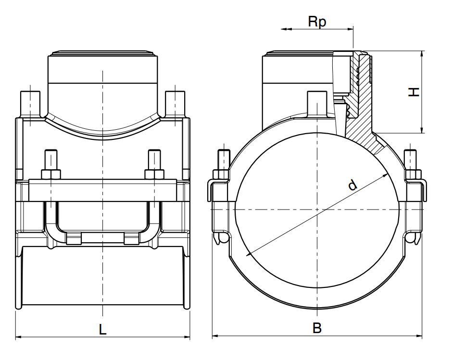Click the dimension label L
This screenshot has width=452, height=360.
point(102,329)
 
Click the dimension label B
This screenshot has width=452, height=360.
point(317,328)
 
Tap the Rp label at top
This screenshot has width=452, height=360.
point(317,22)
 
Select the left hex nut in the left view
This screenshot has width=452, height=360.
point(50,173)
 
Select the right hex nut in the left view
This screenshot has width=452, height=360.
point(154,173)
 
